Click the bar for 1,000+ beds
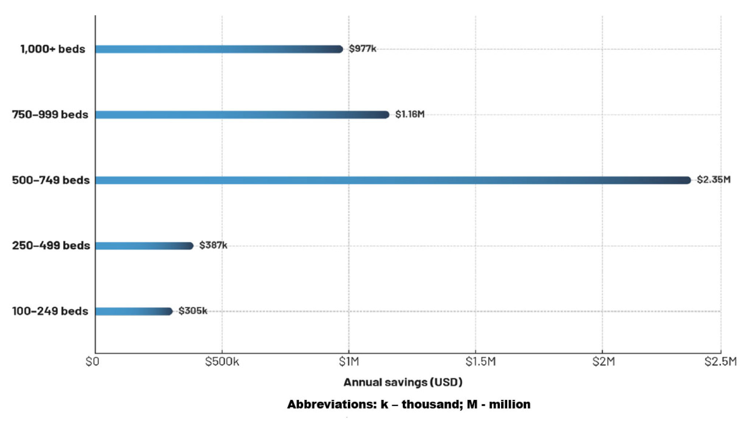(x=219, y=49)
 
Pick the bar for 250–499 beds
(x=144, y=246)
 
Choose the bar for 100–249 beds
(x=134, y=311)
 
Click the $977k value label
(x=362, y=49)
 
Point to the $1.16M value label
(x=410, y=114)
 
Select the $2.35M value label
(x=713, y=180)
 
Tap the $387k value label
(x=213, y=245)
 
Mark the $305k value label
(x=193, y=311)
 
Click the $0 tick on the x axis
(x=92, y=362)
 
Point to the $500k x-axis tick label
(x=222, y=362)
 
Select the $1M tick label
(x=349, y=362)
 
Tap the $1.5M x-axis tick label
(x=481, y=362)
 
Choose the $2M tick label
(x=604, y=362)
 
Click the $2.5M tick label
(x=721, y=362)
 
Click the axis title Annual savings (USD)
(x=403, y=382)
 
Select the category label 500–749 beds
(x=51, y=180)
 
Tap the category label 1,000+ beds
(x=53, y=49)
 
